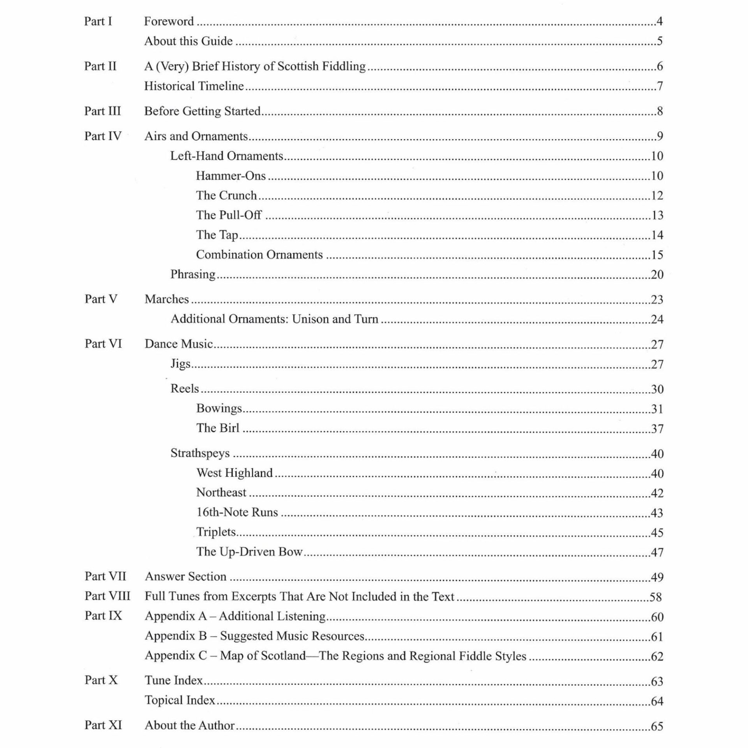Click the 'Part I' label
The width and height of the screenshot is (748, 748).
click(x=98, y=21)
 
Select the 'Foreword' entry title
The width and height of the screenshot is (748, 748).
click(x=169, y=21)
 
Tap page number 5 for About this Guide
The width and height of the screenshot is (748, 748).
click(x=659, y=41)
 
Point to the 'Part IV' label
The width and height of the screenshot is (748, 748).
click(x=103, y=136)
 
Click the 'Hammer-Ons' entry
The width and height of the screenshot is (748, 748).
click(x=231, y=176)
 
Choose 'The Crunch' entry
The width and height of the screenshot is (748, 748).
click(x=226, y=195)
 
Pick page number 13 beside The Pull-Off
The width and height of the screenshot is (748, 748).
click(x=657, y=215)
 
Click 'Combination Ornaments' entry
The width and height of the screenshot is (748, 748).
click(x=259, y=254)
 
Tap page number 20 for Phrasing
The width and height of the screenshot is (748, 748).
click(x=657, y=274)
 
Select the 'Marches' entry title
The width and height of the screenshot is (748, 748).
click(x=167, y=299)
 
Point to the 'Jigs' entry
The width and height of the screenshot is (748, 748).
click(x=180, y=363)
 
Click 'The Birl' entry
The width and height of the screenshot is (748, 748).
click(x=218, y=428)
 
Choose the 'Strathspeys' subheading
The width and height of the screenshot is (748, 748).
click(x=200, y=453)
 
